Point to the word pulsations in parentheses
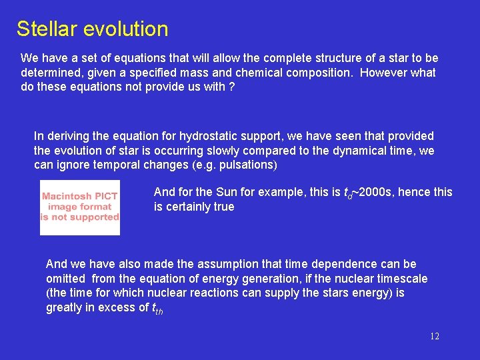246,165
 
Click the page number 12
434,337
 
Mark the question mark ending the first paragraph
231,87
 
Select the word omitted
66,279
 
